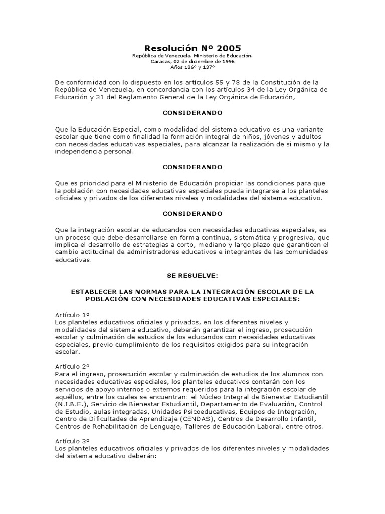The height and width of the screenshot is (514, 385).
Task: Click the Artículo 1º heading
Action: coord(71,314)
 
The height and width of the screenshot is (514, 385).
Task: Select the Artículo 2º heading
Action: coord(71,367)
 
